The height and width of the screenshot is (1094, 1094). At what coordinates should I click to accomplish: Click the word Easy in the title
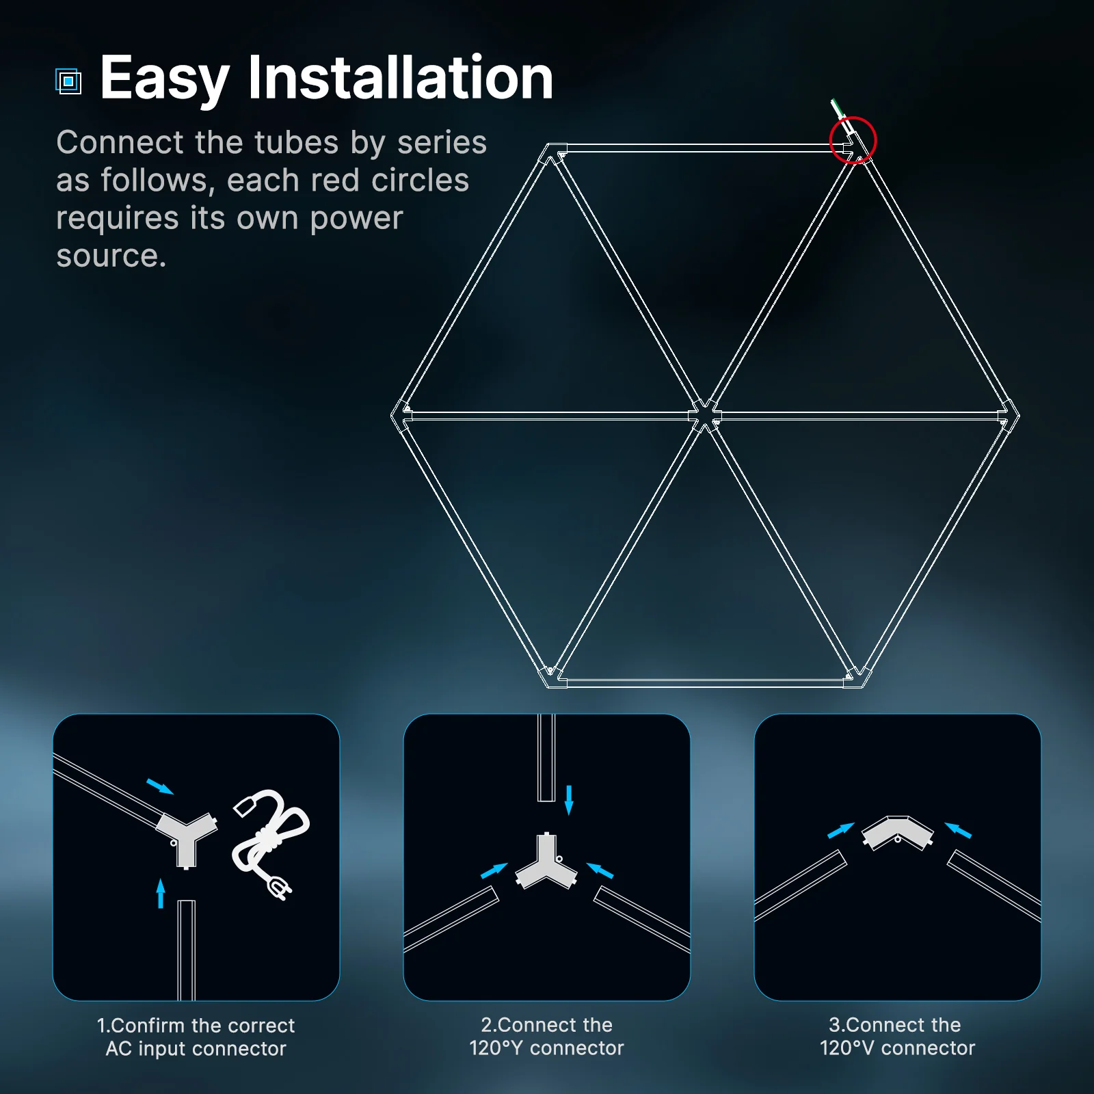pyautogui.click(x=164, y=79)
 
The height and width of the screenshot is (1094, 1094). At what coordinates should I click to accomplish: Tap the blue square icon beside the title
pyautogui.click(x=68, y=81)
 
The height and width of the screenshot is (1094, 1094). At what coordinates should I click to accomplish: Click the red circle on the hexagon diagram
pyautogui.click(x=853, y=140)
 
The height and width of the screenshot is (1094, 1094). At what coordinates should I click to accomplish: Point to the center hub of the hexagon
pyautogui.click(x=704, y=415)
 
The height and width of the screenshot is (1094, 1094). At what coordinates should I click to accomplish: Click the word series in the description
pyautogui.click(x=442, y=143)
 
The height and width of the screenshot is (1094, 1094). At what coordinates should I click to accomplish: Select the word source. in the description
pyautogui.click(x=111, y=256)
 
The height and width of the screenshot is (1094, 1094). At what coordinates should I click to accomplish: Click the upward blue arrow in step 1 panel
pyautogui.click(x=161, y=893)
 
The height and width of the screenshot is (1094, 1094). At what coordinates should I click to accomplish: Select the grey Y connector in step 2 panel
pyautogui.click(x=546, y=865)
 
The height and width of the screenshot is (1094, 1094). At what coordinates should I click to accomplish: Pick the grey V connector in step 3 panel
pyautogui.click(x=897, y=832)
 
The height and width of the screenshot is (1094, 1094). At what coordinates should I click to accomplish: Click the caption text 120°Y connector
pyautogui.click(x=546, y=1048)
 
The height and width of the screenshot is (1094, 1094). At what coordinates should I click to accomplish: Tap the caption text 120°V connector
pyautogui.click(x=897, y=1048)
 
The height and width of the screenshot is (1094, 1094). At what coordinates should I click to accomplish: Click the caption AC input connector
pyautogui.click(x=196, y=1049)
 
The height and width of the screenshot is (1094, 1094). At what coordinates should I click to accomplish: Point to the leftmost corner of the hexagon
pyautogui.click(x=394, y=415)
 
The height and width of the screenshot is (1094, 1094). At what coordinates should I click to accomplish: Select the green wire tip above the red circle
pyautogui.click(x=835, y=105)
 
